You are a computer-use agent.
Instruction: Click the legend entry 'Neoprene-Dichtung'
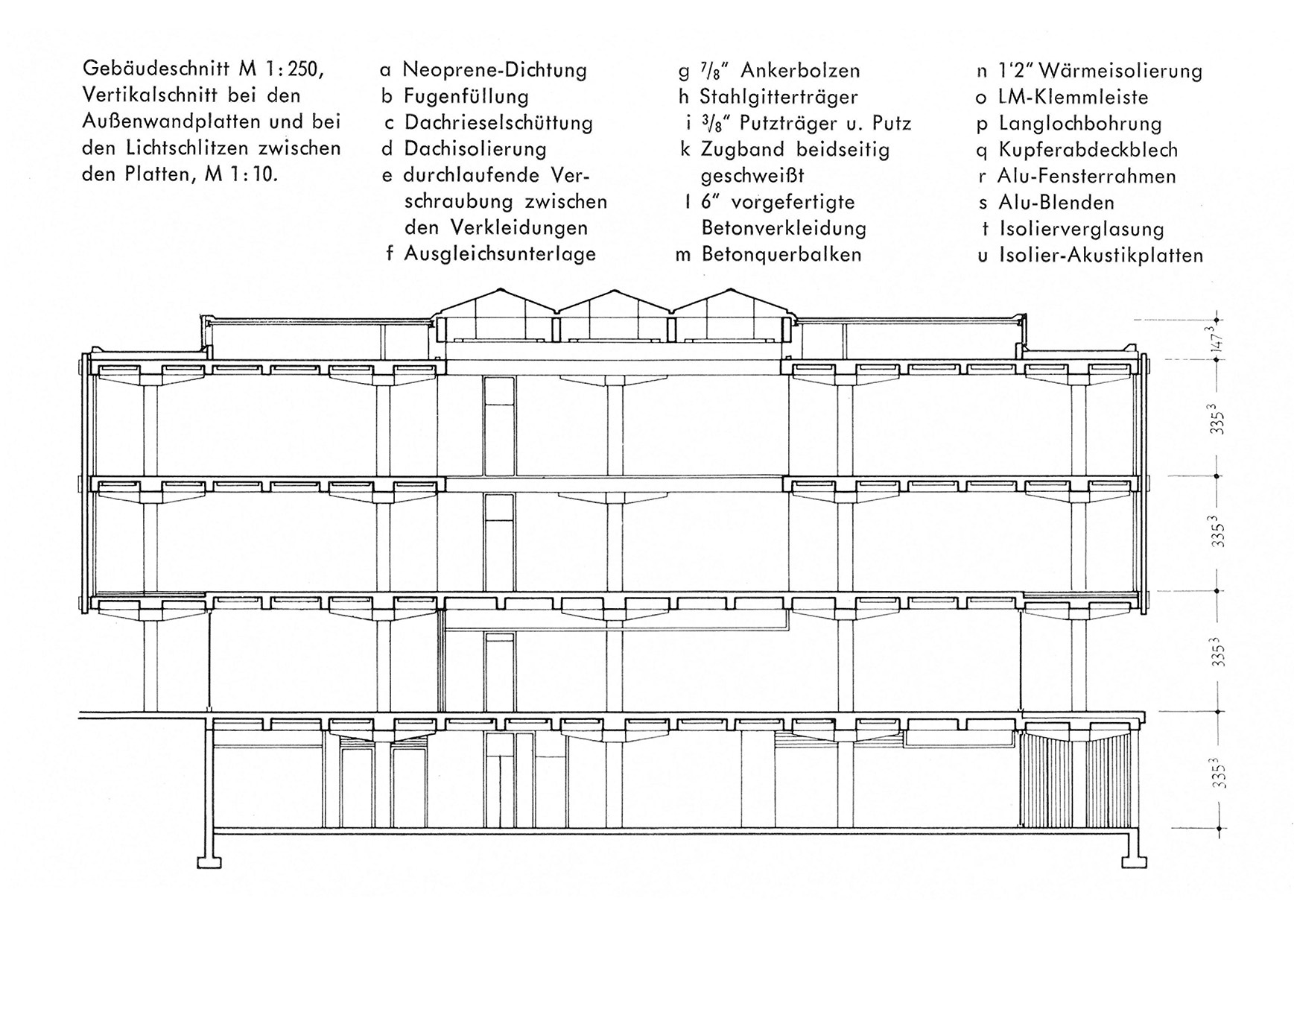[495, 70]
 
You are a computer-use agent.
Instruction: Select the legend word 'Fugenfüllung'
[466, 96]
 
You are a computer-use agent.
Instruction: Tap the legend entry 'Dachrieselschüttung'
[498, 122]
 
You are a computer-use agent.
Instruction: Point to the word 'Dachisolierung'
[475, 148]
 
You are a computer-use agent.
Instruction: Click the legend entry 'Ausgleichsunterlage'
[500, 253]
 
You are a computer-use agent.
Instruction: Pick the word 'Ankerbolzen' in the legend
[801, 71]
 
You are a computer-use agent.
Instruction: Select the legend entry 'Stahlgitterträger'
[778, 97]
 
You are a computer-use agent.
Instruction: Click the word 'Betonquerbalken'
[781, 254]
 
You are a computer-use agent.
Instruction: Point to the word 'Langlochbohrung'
[1080, 123]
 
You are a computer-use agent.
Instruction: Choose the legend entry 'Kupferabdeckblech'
[1088, 150]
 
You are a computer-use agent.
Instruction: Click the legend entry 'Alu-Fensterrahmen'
[1087, 176]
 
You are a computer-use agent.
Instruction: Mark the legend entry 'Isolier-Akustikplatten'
[1101, 256]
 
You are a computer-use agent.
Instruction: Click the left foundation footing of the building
[209, 862]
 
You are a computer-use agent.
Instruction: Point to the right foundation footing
[1134, 862]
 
